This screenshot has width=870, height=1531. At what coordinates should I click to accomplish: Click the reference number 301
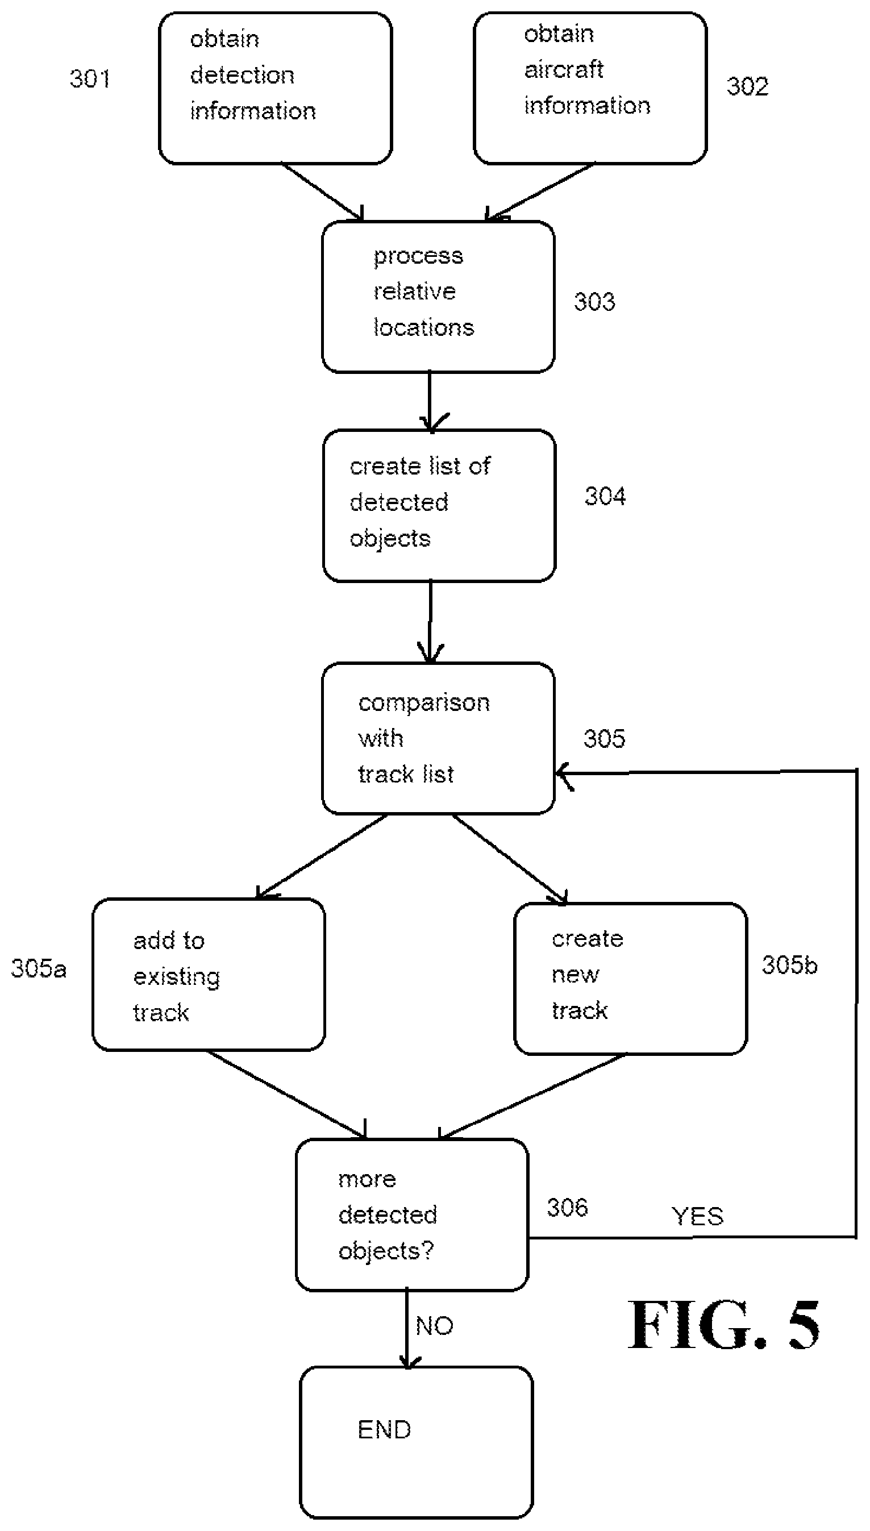[90, 79]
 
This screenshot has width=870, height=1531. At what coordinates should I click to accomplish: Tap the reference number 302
[747, 86]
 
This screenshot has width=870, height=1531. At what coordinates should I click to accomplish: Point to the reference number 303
[594, 302]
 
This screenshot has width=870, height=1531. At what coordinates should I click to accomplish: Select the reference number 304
[605, 496]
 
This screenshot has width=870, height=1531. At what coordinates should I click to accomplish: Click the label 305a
[39, 968]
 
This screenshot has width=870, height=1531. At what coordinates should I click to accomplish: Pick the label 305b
[789, 965]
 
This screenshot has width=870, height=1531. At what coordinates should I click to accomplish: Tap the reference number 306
[568, 1207]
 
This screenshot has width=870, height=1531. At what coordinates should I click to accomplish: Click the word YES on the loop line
[697, 1216]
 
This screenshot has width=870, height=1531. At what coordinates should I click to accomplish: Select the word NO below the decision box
[434, 1326]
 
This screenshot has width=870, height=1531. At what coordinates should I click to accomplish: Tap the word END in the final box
[384, 1430]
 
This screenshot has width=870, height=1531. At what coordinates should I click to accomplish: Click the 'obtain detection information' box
[276, 89]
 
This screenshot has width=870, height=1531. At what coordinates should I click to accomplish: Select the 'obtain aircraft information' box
[590, 89]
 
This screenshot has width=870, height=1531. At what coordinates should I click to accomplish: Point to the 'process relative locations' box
[439, 297]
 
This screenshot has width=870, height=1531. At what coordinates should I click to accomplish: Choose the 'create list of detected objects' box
[440, 506]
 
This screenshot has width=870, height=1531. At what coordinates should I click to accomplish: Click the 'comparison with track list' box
[439, 739]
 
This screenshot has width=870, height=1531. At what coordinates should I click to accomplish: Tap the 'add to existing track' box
[209, 975]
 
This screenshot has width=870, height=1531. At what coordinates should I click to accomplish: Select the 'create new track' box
[631, 979]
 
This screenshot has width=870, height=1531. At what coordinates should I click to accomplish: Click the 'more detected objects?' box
[413, 1215]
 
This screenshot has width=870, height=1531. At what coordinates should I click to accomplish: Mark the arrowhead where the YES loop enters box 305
[559, 772]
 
